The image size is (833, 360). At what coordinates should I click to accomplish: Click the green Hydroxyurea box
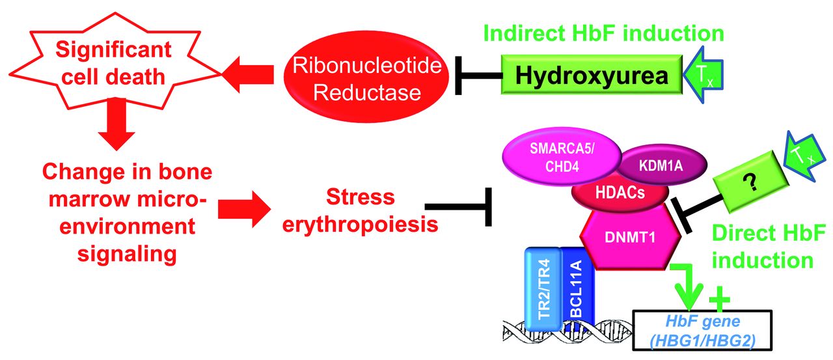point(592,74)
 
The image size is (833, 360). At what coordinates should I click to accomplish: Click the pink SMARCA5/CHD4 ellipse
point(562,157)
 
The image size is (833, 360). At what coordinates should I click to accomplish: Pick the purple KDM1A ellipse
point(661,165)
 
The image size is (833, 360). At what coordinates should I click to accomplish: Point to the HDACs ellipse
point(620,193)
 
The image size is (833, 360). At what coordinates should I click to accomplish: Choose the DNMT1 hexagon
point(631,237)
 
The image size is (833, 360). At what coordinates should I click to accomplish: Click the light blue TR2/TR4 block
point(543,289)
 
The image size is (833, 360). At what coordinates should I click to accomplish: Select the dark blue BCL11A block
point(577,288)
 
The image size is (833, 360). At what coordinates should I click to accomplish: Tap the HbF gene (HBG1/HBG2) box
point(702,331)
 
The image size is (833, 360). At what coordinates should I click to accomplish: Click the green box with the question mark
point(750,182)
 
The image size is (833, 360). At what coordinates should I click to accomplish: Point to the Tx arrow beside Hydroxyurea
point(703,74)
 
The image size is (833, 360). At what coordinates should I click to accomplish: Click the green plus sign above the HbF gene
point(720,299)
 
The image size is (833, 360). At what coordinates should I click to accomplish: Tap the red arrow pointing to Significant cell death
point(248,74)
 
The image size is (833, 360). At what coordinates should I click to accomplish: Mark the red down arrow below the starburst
point(116,124)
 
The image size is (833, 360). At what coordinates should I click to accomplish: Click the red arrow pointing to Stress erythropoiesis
point(244,209)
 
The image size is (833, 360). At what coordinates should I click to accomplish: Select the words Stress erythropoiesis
point(360,210)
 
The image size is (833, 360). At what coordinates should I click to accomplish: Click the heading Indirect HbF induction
point(603,33)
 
